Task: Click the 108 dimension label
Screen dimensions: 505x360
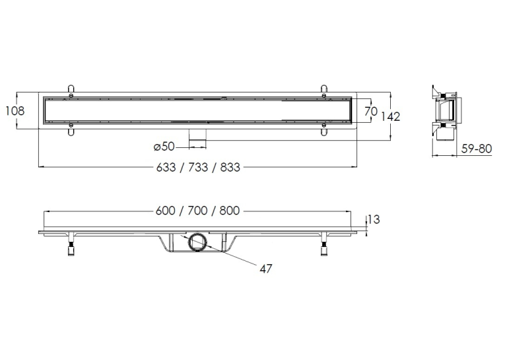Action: pos(15,110)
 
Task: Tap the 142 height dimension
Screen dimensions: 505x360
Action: pos(390,116)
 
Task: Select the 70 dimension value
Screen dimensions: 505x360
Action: pos(371,111)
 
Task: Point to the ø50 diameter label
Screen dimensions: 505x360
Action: pos(164,147)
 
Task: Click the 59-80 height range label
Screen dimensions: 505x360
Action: pos(477,149)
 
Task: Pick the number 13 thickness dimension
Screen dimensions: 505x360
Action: pos(374,219)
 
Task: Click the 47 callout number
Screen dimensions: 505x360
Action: pos(266,268)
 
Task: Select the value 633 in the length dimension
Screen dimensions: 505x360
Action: pos(166,167)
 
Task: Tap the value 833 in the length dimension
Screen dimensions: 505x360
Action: pos(230,167)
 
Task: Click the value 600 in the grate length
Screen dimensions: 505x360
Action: pos(166,211)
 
